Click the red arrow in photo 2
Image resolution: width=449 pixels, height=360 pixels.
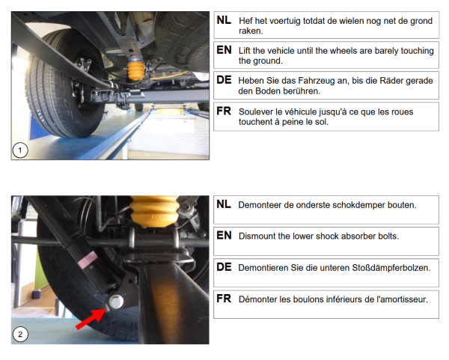pyautogui.click(x=91, y=319)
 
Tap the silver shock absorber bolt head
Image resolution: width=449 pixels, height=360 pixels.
pyautogui.click(x=116, y=302)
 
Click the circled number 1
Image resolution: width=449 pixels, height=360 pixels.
pyautogui.click(x=20, y=150)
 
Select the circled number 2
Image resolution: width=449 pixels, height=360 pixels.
pyautogui.click(x=20, y=335)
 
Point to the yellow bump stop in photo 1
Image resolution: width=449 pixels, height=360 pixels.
pyautogui.click(x=135, y=69)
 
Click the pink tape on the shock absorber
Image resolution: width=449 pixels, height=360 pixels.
pyautogui.click(x=88, y=259)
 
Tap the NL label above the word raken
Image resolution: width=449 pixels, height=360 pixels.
pyautogui.click(x=224, y=20)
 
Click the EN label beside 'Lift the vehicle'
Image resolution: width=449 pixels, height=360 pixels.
pyautogui.click(x=224, y=50)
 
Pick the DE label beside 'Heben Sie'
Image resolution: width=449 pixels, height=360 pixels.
pyautogui.click(x=224, y=80)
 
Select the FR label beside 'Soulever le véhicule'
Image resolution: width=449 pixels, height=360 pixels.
pyautogui.click(x=224, y=111)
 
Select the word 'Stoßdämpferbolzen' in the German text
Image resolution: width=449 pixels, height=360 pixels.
pyautogui.click(x=391, y=268)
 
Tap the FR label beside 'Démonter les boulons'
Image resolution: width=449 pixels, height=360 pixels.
pyautogui.click(x=224, y=299)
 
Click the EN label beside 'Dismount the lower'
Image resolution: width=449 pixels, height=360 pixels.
pyautogui.click(x=224, y=235)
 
